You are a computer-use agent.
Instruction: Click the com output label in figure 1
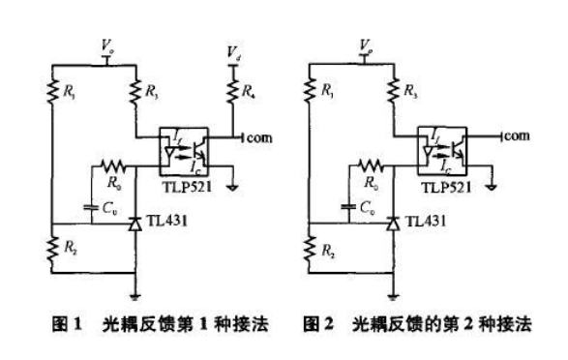click(259, 137)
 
